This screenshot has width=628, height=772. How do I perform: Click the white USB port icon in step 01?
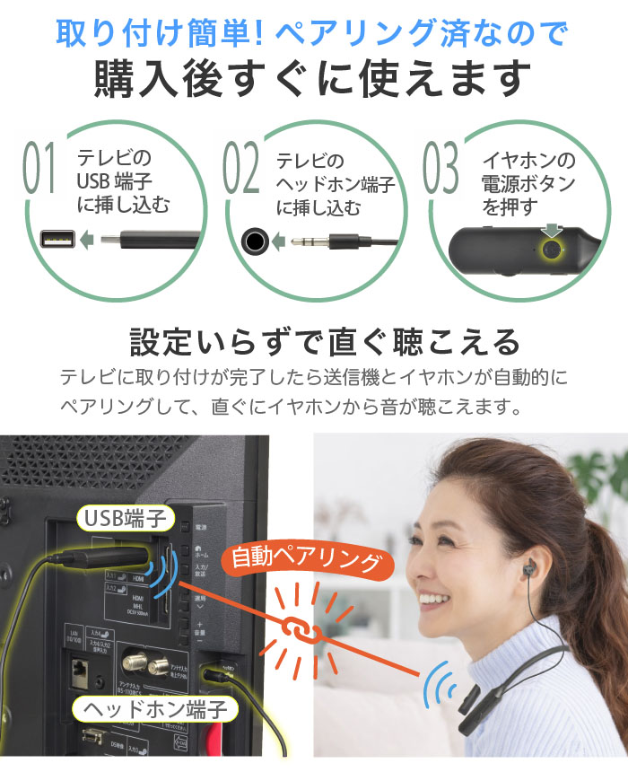click(x=58, y=240)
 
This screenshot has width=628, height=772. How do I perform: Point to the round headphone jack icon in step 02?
click(x=256, y=241)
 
